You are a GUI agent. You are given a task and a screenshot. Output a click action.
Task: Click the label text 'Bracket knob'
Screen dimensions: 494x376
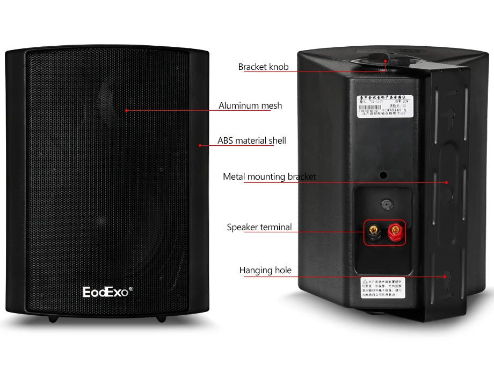(x=263, y=67)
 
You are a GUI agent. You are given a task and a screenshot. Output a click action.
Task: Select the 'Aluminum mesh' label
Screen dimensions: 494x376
(x=250, y=106)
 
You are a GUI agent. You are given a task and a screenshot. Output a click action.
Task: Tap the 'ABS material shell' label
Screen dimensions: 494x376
(x=251, y=141)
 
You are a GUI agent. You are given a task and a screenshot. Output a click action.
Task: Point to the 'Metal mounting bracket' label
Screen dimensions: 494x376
(x=269, y=176)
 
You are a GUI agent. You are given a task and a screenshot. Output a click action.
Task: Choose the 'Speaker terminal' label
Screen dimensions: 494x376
(x=259, y=228)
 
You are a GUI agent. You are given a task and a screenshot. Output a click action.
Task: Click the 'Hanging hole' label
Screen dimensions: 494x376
(x=265, y=270)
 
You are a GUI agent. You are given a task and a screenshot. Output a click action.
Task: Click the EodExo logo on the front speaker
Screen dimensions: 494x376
(x=105, y=292)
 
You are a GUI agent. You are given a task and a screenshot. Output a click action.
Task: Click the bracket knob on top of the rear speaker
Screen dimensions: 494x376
(x=385, y=61)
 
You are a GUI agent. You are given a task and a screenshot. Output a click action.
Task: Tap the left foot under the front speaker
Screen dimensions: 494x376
(x=53, y=318)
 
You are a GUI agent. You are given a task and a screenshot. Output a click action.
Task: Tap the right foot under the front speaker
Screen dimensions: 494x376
(x=161, y=318)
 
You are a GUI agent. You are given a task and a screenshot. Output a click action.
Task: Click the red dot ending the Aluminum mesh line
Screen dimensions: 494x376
(x=127, y=111)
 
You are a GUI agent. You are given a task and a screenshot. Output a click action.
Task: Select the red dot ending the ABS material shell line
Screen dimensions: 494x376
(x=200, y=145)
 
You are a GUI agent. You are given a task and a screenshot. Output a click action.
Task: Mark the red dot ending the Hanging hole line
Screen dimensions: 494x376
(x=445, y=277)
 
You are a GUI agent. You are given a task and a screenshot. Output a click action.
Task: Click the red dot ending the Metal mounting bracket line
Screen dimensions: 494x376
(x=446, y=182)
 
